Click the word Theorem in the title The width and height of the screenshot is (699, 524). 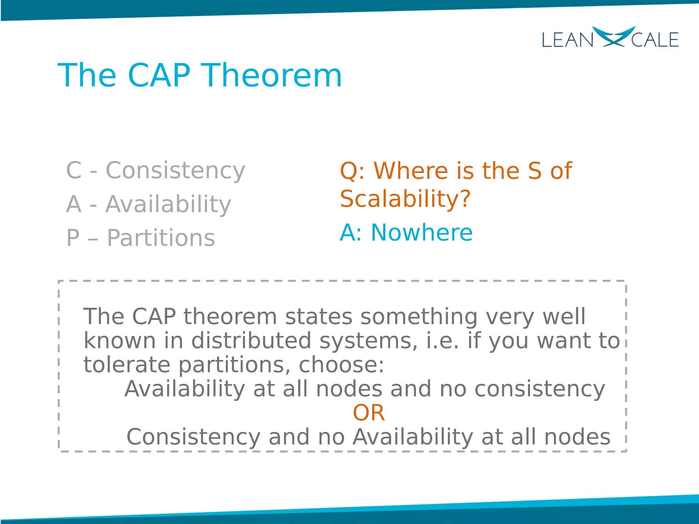(x=272, y=76)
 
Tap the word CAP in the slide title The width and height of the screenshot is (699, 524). (x=159, y=76)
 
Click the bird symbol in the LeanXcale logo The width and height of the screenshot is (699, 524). (x=613, y=37)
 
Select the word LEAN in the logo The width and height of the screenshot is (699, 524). (x=567, y=40)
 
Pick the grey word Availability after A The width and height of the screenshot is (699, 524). (x=168, y=205)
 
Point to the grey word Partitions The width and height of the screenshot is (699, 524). (x=161, y=238)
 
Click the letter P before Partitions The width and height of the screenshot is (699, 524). (x=73, y=238)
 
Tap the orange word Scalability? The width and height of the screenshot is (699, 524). (x=405, y=199)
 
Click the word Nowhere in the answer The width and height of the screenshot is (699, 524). (x=422, y=233)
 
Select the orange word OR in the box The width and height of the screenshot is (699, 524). (x=369, y=413)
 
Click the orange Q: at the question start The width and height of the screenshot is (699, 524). (x=352, y=171)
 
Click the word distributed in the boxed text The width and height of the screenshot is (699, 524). (x=251, y=341)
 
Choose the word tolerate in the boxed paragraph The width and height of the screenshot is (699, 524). (x=127, y=365)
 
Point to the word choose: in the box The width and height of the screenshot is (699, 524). (x=341, y=365)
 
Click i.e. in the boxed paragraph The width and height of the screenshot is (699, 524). (x=443, y=341)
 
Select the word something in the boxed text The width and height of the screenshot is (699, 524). (x=419, y=317)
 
